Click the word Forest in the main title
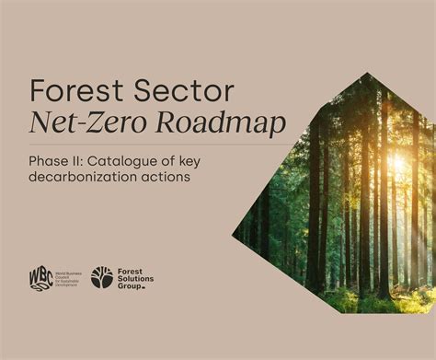coord(74,91)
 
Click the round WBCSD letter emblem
coord(40,278)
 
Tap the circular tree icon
coord(101,277)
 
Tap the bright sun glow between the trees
coord(397,164)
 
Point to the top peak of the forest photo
coord(368,73)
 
